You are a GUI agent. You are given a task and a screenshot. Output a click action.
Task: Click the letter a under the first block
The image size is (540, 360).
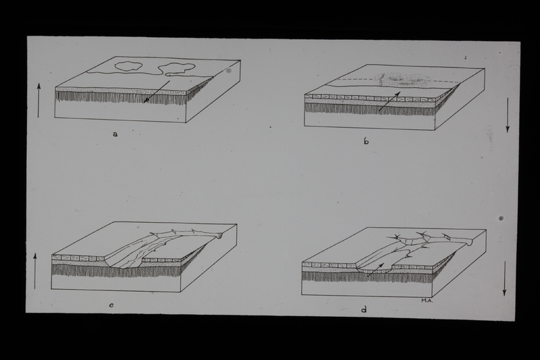click(115, 134)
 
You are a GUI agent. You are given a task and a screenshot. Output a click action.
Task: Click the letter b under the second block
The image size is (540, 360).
click(366, 141)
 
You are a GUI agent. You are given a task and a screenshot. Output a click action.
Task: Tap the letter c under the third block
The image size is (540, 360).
click(111, 305)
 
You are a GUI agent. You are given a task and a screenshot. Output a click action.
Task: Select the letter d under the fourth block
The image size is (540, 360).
click(364, 309)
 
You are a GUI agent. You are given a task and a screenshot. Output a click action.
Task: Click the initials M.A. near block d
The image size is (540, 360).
click(427, 301)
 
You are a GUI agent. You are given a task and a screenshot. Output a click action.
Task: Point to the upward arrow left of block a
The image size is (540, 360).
click(38, 100)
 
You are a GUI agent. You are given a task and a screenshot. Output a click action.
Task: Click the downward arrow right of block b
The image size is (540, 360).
click(508, 115)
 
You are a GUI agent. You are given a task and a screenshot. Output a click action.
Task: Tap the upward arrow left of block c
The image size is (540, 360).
click(35, 271)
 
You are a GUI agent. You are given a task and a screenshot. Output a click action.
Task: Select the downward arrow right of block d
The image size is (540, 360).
click(504, 278)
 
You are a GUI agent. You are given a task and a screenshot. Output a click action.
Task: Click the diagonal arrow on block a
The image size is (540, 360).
click(157, 92)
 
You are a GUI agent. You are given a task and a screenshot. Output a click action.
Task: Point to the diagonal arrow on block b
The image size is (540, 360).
click(389, 101)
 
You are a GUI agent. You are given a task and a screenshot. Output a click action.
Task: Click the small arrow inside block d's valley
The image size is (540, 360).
click(375, 269)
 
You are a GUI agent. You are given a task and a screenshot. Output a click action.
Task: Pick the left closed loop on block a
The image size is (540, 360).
click(128, 66)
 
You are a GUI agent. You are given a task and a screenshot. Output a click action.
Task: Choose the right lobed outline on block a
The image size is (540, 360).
click(176, 68)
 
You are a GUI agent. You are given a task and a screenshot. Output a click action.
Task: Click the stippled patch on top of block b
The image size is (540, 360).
click(402, 80)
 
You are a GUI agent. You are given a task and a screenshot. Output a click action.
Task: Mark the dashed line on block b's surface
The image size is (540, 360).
click(399, 81)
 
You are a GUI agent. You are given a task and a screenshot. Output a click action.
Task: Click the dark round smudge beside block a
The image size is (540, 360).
click(230, 71)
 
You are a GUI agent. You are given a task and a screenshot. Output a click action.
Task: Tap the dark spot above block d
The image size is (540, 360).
click(501, 218)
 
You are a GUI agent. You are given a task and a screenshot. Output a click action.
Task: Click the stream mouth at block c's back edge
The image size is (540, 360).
click(219, 235)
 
